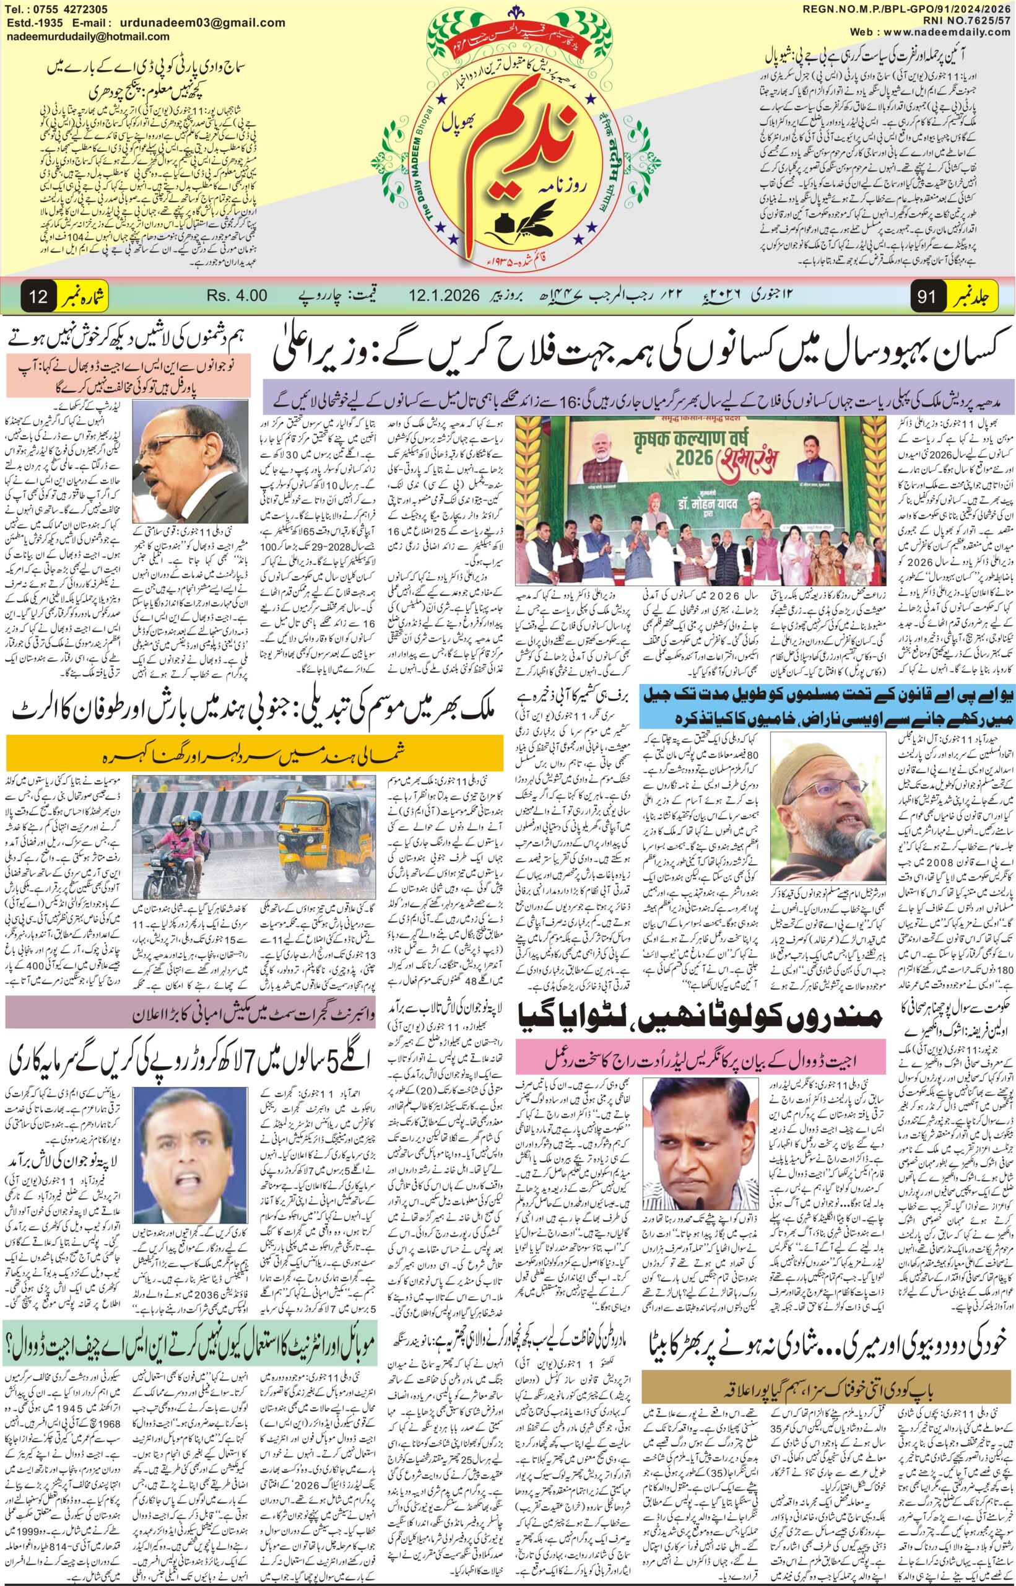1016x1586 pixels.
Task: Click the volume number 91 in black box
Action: point(926,296)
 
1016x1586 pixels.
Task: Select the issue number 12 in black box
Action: point(39,296)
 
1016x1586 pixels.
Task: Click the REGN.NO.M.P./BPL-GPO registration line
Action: point(908,9)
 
